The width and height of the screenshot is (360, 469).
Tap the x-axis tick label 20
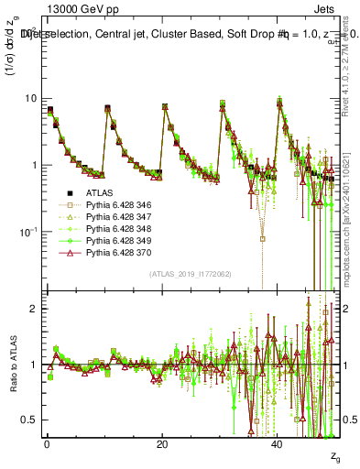(x=161, y=443)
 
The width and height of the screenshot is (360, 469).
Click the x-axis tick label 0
(x=47, y=443)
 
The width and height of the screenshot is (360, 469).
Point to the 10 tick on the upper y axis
(x=29, y=98)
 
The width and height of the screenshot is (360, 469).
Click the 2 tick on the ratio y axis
(x=33, y=309)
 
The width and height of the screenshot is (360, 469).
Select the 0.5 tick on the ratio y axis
(x=29, y=420)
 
